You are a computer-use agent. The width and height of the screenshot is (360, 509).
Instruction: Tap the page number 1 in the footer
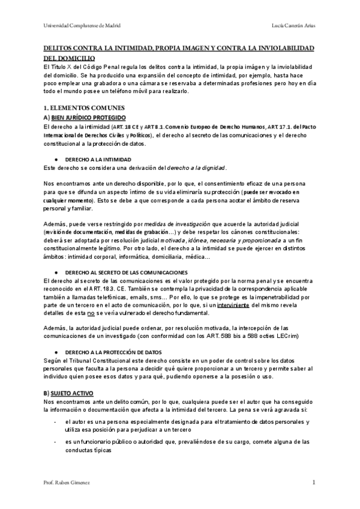click(313, 482)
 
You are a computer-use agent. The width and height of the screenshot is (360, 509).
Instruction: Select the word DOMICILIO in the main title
click(70, 58)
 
